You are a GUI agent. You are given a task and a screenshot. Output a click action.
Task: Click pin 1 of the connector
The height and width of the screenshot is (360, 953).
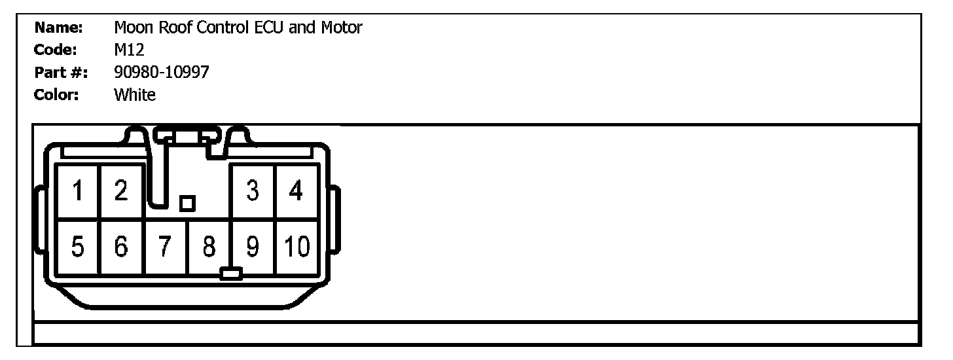click(78, 191)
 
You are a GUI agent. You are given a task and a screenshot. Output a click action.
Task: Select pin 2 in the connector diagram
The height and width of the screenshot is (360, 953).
click(121, 191)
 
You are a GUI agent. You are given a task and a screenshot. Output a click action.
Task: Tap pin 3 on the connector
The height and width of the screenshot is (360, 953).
click(253, 191)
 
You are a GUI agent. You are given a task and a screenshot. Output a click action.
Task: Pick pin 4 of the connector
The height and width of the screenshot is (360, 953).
click(297, 191)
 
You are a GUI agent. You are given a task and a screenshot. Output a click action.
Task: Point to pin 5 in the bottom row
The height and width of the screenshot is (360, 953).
click(78, 247)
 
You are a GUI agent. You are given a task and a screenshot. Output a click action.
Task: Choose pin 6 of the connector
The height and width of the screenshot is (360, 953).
click(121, 247)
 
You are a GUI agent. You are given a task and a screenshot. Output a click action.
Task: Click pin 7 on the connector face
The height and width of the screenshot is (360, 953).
click(165, 247)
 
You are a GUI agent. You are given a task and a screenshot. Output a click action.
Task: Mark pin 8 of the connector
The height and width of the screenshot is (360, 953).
click(209, 247)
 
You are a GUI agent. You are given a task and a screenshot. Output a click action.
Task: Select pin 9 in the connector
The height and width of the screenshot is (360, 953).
click(253, 247)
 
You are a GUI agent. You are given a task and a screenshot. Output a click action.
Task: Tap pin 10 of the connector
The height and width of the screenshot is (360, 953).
click(297, 247)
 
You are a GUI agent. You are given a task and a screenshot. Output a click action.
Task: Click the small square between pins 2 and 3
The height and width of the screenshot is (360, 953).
click(187, 204)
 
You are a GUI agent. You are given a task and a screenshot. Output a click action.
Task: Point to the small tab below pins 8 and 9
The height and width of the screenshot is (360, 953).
click(231, 273)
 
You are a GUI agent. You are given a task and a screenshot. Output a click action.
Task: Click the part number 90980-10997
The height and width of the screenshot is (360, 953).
click(161, 72)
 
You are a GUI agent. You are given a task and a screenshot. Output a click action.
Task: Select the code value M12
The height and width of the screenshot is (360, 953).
click(129, 50)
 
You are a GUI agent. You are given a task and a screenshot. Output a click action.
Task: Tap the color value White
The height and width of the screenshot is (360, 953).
click(135, 95)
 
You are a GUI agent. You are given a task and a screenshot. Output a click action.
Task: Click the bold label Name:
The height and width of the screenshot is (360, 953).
click(58, 27)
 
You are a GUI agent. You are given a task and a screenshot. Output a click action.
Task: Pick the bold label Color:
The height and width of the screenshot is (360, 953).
click(57, 95)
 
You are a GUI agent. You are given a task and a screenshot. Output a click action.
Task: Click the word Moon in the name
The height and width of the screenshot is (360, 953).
click(132, 27)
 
